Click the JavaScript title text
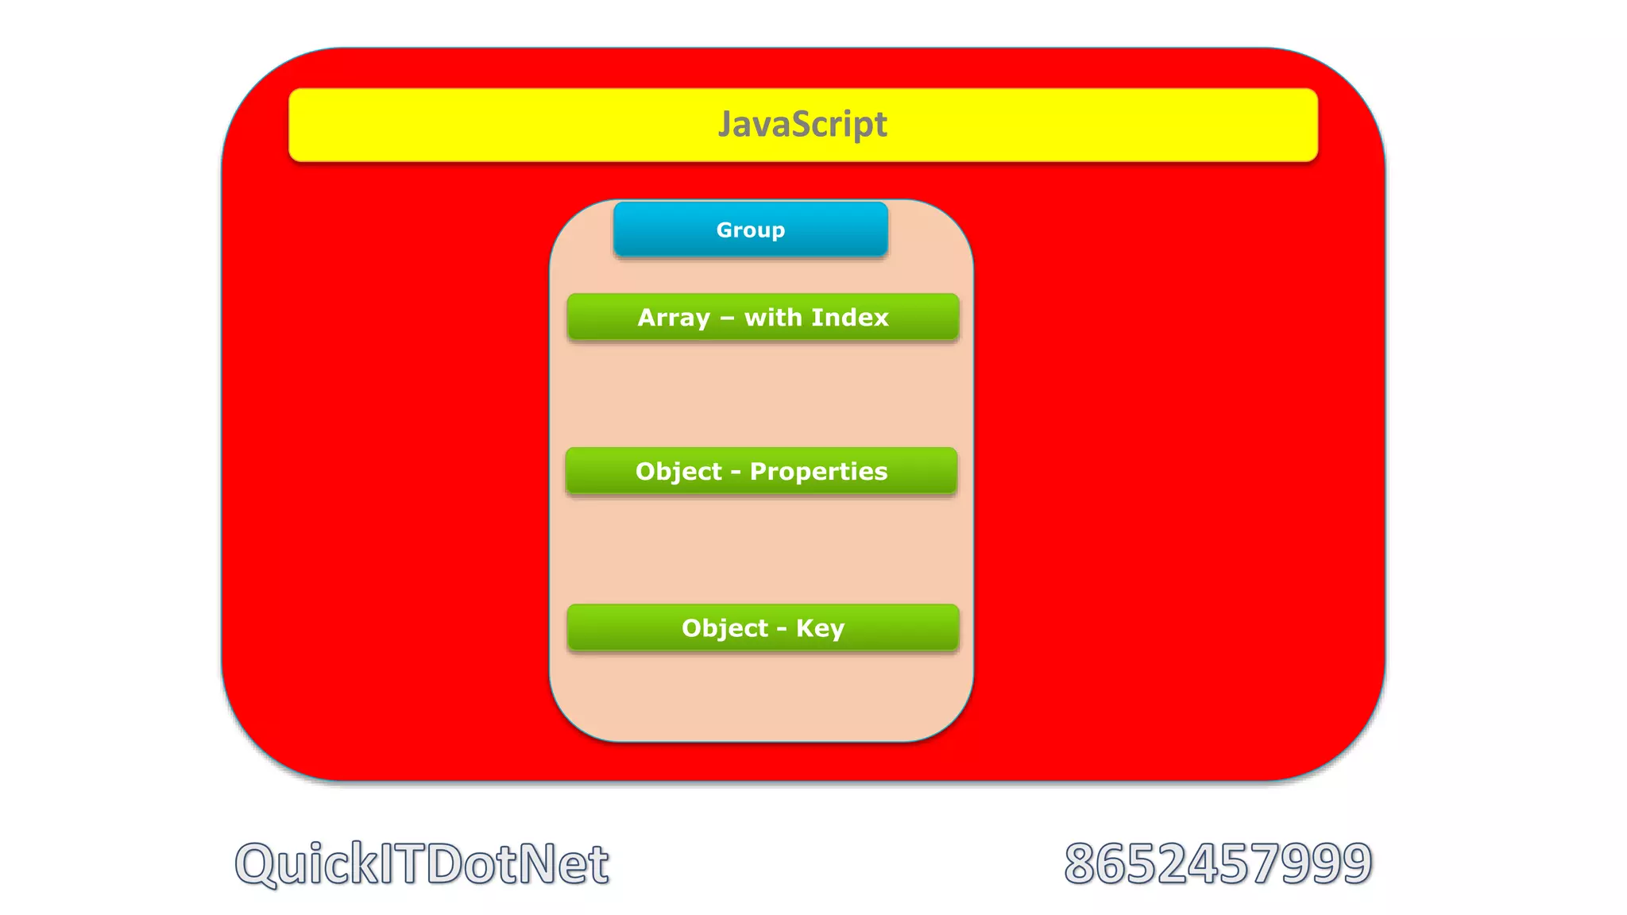click(x=802, y=125)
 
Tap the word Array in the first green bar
click(x=674, y=318)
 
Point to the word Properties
click(x=818, y=472)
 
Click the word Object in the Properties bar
click(x=678, y=472)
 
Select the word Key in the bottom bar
click(x=820, y=628)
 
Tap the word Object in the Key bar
click(x=725, y=628)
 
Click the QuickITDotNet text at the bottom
click(x=422, y=863)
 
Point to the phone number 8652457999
click(x=1218, y=863)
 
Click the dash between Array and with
click(x=727, y=319)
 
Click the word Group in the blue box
click(x=751, y=230)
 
